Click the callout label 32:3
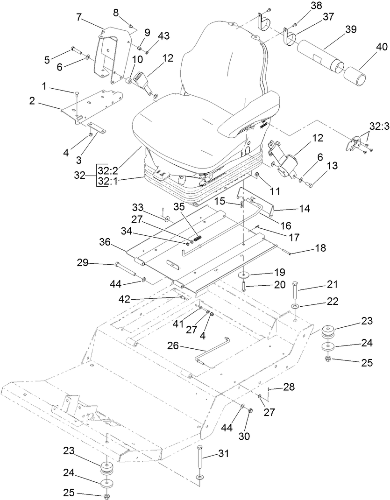(379, 126)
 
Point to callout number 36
(105, 242)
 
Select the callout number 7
(79, 18)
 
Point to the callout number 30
(244, 436)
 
